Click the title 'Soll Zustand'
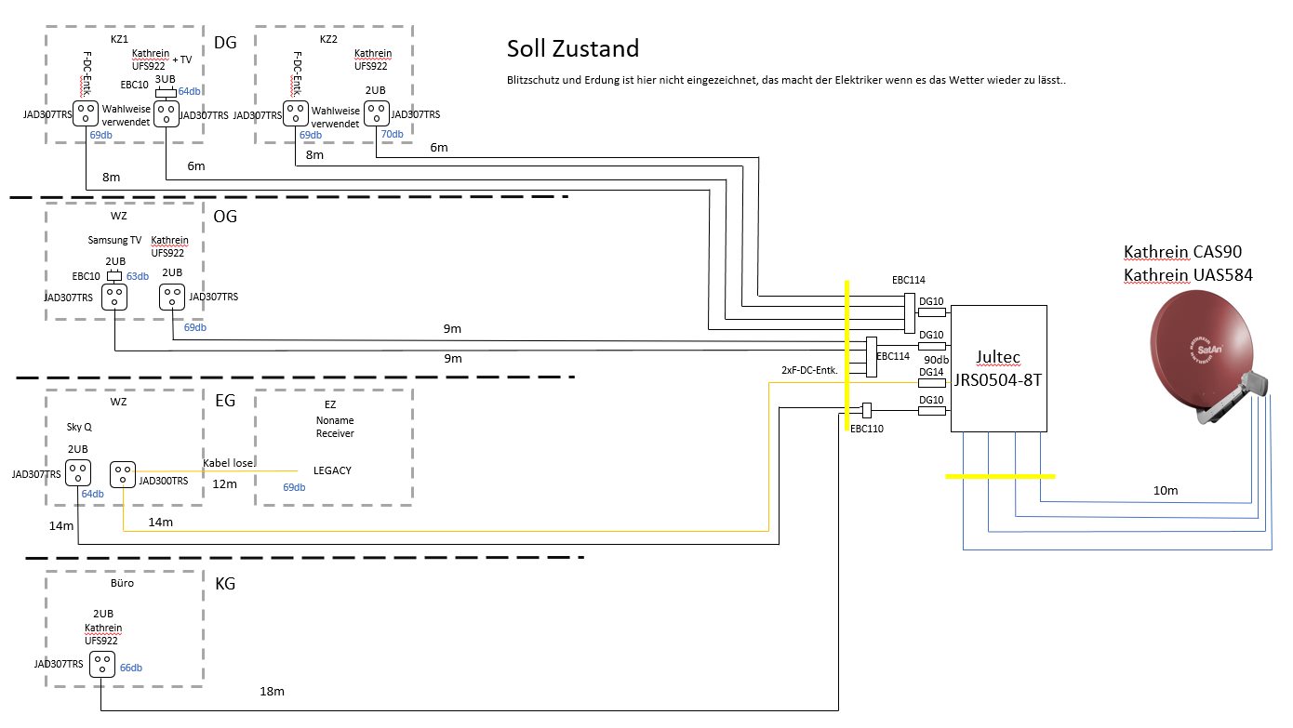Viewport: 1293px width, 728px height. point(572,48)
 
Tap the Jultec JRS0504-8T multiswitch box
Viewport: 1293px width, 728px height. point(998,369)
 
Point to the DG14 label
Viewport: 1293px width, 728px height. point(931,372)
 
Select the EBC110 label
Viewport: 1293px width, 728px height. point(867,429)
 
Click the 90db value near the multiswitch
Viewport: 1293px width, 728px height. point(936,360)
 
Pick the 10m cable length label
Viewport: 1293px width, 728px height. point(1166,490)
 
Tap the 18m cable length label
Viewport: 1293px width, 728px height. point(272,691)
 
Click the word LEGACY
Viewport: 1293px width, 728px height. point(332,470)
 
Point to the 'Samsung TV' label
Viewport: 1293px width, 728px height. point(114,240)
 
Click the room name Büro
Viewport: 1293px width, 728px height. point(122,584)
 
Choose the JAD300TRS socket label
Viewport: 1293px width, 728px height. point(163,481)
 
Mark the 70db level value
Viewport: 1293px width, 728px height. point(392,135)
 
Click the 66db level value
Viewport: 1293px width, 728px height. point(131,668)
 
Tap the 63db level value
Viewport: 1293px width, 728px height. point(137,276)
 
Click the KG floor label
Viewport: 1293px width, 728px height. point(225,585)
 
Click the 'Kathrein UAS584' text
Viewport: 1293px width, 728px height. point(1188,275)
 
